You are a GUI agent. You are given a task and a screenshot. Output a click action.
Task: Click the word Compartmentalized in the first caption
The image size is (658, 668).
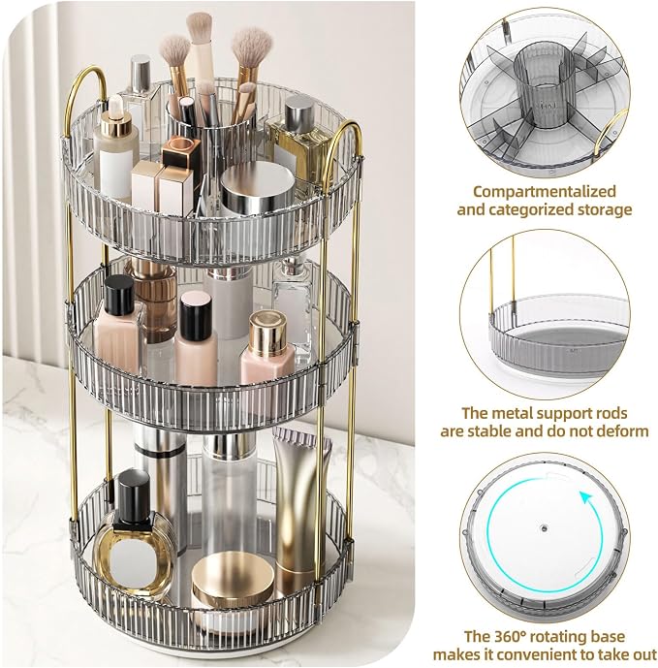pyautogui.click(x=545, y=192)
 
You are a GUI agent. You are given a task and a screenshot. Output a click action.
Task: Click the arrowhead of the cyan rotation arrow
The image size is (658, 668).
pyautogui.click(x=587, y=497)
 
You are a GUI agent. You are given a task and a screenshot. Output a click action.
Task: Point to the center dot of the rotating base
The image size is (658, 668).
pyautogui.click(x=544, y=528)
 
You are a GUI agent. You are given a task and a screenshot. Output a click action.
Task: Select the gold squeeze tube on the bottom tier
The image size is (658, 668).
pyautogui.click(x=300, y=503)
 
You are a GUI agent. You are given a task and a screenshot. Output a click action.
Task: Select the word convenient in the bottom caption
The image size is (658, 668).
pyautogui.click(x=554, y=654)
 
